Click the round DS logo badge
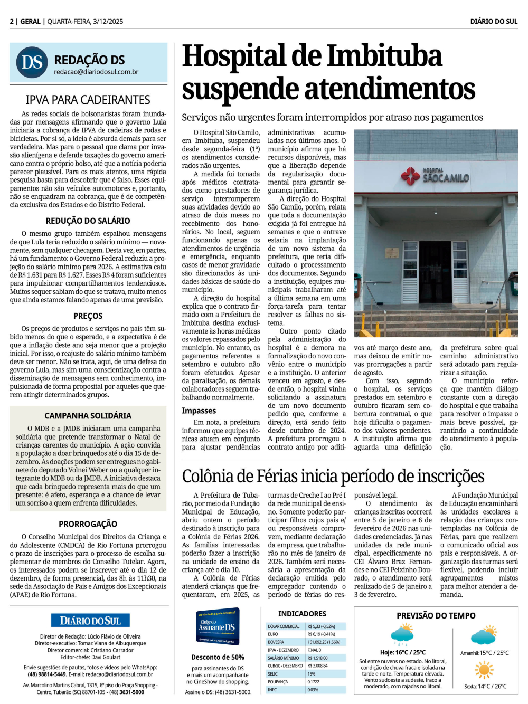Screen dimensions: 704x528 [x=32, y=62]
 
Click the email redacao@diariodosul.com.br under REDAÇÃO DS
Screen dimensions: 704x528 [x=96, y=72]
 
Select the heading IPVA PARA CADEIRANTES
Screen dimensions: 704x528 [x=88, y=100]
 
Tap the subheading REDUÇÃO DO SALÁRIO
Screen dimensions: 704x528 [x=88, y=221]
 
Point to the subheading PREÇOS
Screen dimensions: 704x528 [x=88, y=316]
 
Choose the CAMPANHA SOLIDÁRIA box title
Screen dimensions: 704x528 [x=88, y=415]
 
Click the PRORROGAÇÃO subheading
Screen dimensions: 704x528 [x=88, y=524]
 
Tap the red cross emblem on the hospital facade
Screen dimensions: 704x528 [x=410, y=175]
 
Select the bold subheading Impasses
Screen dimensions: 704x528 [x=199, y=411]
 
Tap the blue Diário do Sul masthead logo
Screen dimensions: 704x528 [x=90, y=621]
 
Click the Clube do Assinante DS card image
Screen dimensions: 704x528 [x=218, y=626]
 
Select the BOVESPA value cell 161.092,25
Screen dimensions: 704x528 [x=324, y=642]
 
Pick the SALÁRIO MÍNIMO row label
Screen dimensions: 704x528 [x=284, y=658]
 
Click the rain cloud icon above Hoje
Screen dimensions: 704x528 [x=402, y=635]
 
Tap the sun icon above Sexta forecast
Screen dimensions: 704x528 [x=484, y=670]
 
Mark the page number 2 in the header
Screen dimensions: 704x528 [x=12, y=22]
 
